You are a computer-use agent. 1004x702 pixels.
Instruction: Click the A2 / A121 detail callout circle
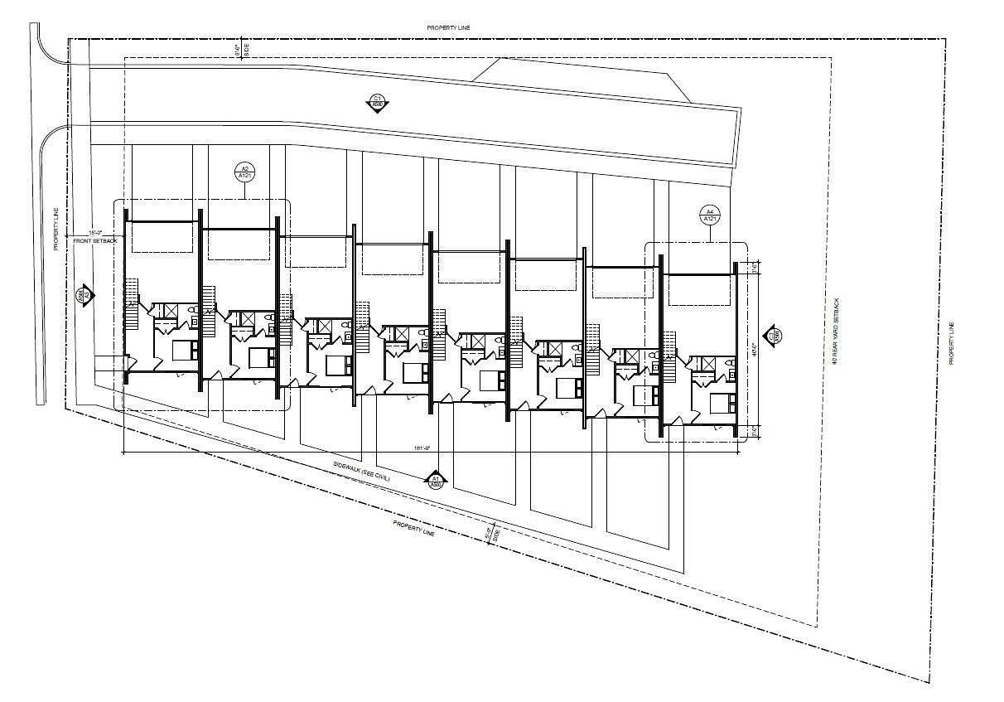pos(244,172)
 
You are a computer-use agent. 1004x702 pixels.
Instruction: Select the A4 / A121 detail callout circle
pos(709,215)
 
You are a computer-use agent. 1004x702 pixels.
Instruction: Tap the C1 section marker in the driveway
pos(378,103)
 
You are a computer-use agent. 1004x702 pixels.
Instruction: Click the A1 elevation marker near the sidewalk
pos(436,479)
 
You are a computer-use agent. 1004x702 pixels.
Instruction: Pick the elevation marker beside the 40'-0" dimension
pos(776,336)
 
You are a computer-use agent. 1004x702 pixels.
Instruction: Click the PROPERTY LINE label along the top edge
pos(449,28)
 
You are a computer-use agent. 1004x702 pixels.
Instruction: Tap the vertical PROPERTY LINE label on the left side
pos(57,229)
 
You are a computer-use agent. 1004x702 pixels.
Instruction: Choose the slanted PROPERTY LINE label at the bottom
pos(414,528)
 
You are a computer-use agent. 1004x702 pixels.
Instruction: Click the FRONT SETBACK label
pos(96,240)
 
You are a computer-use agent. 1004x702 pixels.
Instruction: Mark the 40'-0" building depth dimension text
pos(753,350)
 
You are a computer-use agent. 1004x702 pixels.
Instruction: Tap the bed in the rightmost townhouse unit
pos(721,404)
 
